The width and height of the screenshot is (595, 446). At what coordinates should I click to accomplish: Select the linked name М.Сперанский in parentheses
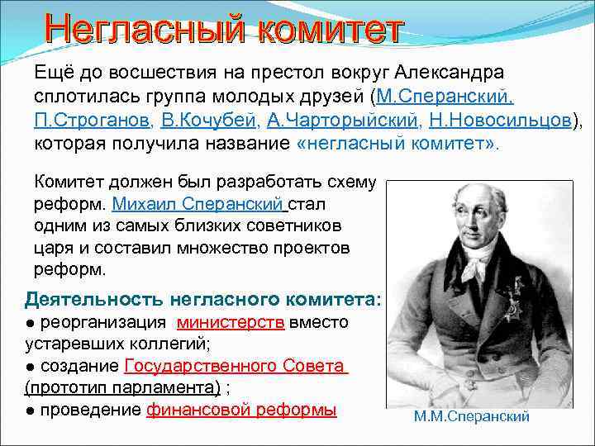445,97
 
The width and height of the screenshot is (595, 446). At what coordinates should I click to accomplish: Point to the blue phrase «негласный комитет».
397,145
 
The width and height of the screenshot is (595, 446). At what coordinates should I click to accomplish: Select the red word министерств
231,322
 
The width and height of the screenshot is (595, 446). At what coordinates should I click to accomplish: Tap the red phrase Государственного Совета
236,366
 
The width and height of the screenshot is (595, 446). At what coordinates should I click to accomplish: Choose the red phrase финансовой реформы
241,410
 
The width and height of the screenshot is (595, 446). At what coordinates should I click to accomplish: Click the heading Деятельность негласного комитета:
203,298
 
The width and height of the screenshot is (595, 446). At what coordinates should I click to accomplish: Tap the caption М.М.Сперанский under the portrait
472,417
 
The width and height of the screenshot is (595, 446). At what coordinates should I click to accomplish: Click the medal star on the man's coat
513,307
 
